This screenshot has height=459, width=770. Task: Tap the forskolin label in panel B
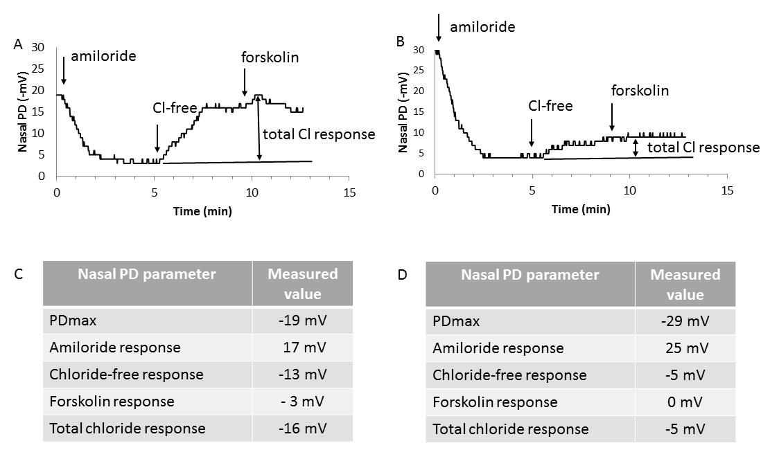click(640, 91)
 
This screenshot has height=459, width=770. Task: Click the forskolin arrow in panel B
click(612, 117)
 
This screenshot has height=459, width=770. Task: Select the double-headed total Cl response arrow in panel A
click(259, 129)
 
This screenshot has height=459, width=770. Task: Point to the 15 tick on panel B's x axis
click(726, 192)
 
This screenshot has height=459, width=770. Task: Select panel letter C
click(19, 274)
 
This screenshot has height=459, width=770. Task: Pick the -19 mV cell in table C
click(303, 321)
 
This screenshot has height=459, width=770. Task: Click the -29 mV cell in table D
click(685, 322)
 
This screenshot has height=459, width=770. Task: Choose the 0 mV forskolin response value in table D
click(685, 402)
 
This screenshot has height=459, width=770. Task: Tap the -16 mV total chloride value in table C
click(303, 428)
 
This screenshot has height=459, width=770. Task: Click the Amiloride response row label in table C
click(115, 348)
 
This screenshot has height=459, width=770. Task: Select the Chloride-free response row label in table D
click(509, 375)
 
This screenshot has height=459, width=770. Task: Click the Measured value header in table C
click(303, 283)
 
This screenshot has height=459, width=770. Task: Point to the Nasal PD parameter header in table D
click(530, 275)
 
